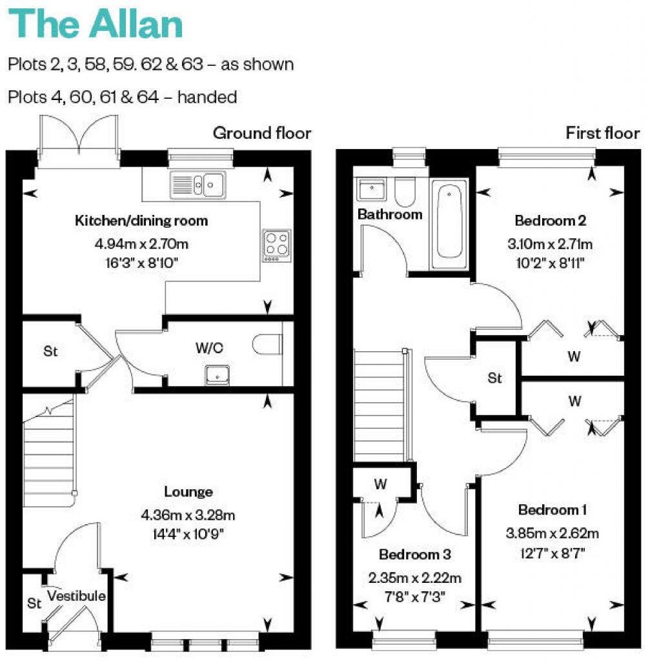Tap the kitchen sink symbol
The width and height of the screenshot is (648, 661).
point(197,184)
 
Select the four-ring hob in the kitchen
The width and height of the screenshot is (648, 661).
point(276,245)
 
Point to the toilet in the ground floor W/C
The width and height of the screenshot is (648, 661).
point(268,345)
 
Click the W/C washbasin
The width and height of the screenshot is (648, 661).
point(218,374)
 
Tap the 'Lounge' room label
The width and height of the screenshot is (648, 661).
point(188,492)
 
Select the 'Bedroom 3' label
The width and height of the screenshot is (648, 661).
point(414,554)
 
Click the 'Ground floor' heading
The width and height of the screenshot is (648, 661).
point(262,134)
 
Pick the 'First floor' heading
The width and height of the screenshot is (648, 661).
point(602,134)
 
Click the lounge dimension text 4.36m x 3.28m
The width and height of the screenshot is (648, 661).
point(188,515)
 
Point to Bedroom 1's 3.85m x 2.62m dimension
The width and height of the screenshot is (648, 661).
point(552,533)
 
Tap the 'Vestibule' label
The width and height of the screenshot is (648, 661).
point(76,596)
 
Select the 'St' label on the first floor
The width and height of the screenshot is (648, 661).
point(494,378)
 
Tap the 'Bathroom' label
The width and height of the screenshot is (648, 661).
point(390,214)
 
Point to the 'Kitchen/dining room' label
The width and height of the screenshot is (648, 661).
point(142,221)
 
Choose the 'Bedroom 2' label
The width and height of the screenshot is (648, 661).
point(551,221)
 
